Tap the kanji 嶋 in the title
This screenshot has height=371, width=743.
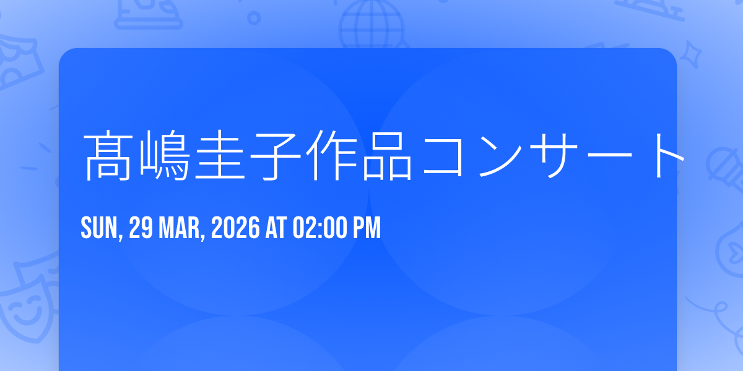point(164,156)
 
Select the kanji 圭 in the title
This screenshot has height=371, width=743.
point(220,155)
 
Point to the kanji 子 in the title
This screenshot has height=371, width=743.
point(276,156)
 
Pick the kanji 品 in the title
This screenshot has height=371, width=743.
point(387,156)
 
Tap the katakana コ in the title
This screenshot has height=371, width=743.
point(443,156)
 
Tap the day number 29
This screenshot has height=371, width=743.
point(141,228)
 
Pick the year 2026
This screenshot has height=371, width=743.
point(235,228)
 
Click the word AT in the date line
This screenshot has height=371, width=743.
point(276,228)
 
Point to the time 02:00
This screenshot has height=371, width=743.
point(319,228)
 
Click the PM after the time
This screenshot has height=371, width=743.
point(367,228)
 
